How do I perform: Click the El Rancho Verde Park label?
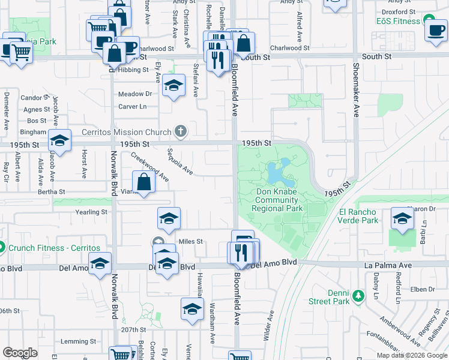click(358, 216)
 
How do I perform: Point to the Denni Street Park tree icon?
click(358, 296)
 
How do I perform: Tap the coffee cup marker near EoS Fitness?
click(435, 31)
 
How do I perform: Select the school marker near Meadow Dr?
click(173, 87)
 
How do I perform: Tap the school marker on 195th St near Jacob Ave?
click(59, 141)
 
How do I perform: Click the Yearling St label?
click(91, 212)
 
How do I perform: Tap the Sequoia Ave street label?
click(179, 162)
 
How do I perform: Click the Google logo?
click(20, 353)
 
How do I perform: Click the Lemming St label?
click(74, 342)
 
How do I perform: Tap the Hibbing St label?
click(133, 70)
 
